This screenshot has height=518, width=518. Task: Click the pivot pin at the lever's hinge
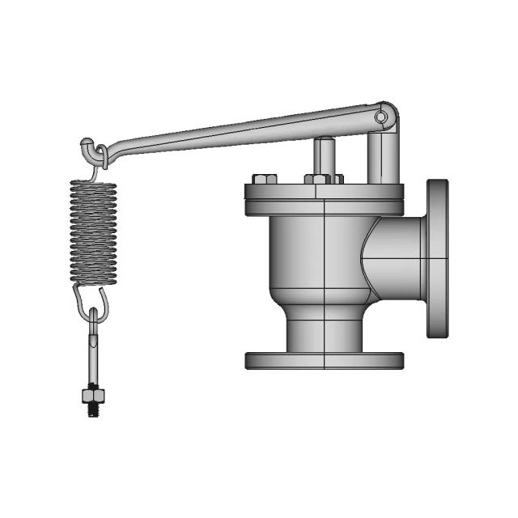tap(380, 118)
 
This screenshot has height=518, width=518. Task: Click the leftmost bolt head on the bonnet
tap(262, 179)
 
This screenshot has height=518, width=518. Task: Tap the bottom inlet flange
tap(325, 360)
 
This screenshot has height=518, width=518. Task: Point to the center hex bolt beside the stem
tap(317, 179)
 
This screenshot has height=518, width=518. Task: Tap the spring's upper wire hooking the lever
tap(99, 162)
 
